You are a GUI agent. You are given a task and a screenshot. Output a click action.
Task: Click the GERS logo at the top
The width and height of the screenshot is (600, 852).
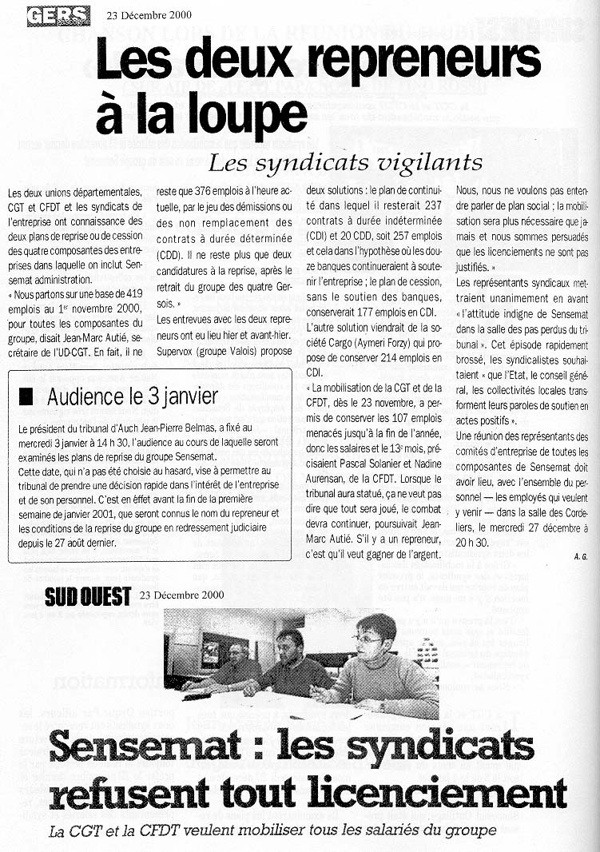pos(57,15)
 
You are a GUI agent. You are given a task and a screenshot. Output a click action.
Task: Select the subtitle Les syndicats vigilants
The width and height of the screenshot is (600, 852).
pos(345,163)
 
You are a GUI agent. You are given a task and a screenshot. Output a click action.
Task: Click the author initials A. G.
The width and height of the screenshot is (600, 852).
pos(580,555)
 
